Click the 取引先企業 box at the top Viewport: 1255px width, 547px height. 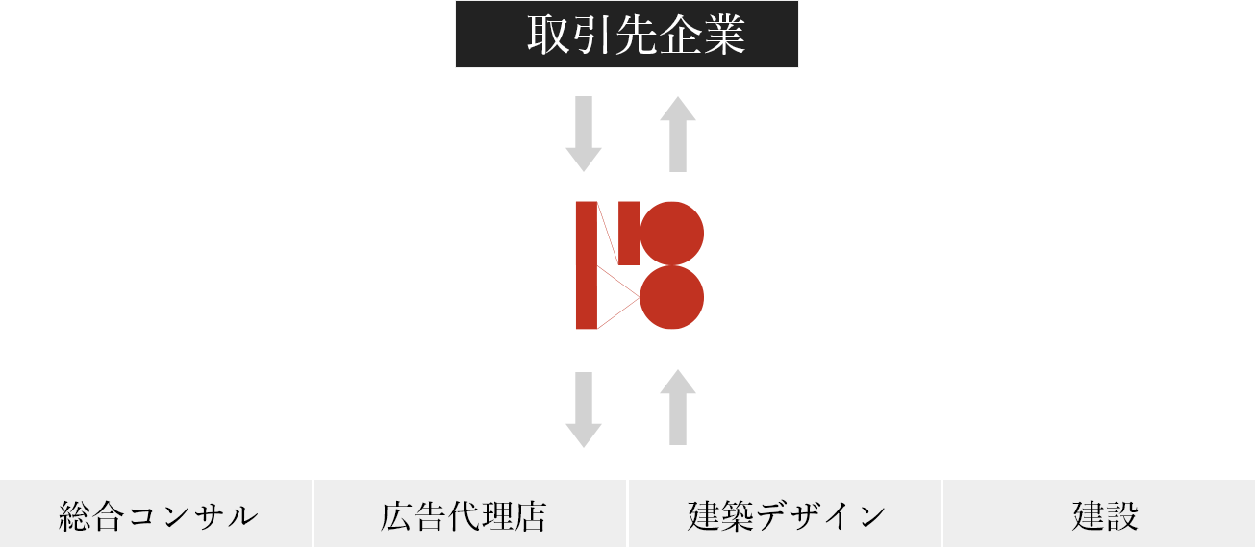pos(626,35)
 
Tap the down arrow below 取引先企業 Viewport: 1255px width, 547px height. pos(583,133)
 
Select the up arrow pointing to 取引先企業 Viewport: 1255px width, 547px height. pos(678,133)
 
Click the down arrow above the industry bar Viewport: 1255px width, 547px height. pos(583,409)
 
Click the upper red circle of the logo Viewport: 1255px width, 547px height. pos(672,233)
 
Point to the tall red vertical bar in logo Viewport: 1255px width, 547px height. pos(586,265)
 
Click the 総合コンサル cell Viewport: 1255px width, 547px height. pos(157,514)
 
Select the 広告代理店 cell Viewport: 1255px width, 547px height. pos(470,514)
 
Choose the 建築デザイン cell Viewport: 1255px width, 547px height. pos(785,514)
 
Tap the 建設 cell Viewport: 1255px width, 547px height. pos(1099,514)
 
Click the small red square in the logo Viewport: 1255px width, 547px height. pos(629,232)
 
